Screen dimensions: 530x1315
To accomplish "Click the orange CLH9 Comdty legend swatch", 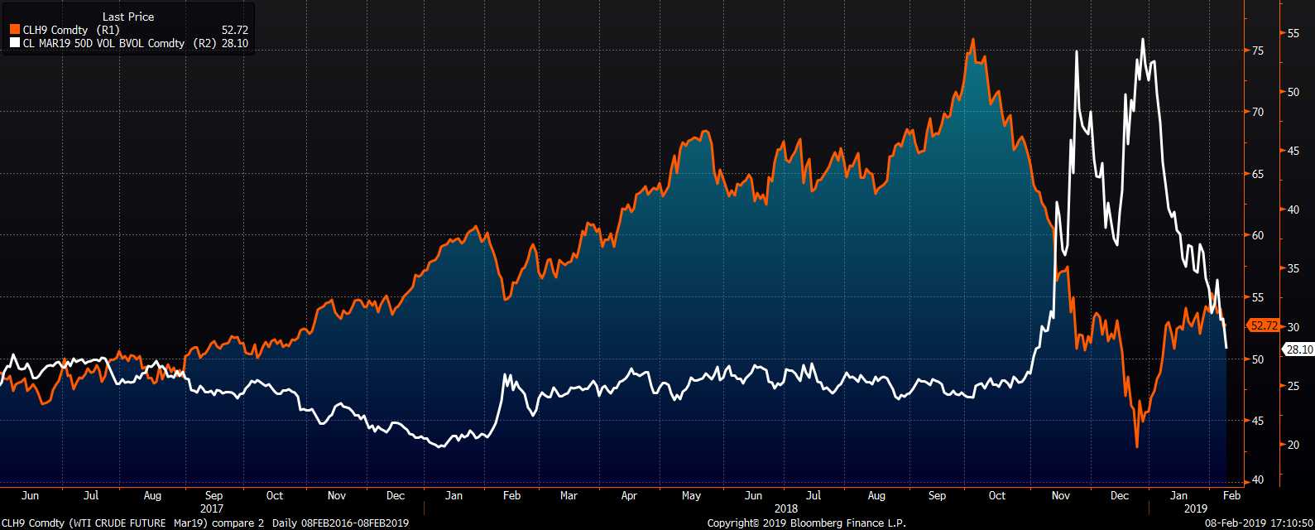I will pyautogui.click(x=15, y=30).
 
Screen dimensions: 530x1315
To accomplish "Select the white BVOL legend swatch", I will pyautogui.click(x=15, y=43).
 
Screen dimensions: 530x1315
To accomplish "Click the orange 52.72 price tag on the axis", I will pyautogui.click(x=1264, y=325).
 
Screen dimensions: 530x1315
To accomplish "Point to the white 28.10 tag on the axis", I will pyautogui.click(x=1298, y=349).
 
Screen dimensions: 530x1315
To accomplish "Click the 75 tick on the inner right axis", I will pyautogui.click(x=1258, y=51).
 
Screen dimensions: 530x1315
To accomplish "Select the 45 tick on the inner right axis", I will pyautogui.click(x=1258, y=421).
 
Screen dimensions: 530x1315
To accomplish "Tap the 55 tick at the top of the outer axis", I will pyautogui.click(x=1293, y=33).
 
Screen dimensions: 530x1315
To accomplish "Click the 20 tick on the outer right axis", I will pyautogui.click(x=1293, y=445).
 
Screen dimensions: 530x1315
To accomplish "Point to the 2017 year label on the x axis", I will pyautogui.click(x=212, y=508).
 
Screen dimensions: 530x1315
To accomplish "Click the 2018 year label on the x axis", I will pyautogui.click(x=786, y=508).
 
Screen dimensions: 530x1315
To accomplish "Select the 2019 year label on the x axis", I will pyautogui.click(x=1196, y=508).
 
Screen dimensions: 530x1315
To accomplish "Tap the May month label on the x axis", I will pyautogui.click(x=691, y=495).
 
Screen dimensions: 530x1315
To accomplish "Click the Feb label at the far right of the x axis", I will pyautogui.click(x=1231, y=495).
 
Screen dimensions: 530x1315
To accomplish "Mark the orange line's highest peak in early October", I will pyautogui.click(x=972, y=39).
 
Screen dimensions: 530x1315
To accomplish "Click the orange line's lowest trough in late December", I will pyautogui.click(x=1137, y=447).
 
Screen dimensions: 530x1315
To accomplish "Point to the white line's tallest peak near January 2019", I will pyautogui.click(x=1143, y=39).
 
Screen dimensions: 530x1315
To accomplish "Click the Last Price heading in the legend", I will pyautogui.click(x=128, y=17).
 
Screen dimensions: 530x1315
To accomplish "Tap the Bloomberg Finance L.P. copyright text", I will pyautogui.click(x=807, y=523).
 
